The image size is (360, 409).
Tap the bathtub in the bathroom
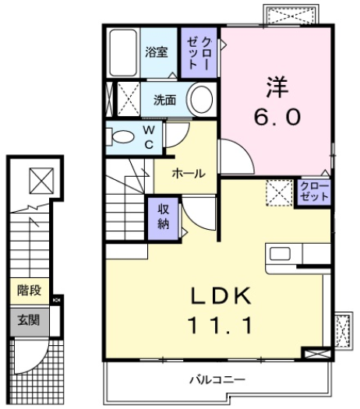coord(123,53)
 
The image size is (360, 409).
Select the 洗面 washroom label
coord(164,100)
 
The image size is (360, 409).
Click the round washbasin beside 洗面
coord(201,100)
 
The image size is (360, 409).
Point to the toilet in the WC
coord(123,138)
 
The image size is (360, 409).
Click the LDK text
coord(219,297)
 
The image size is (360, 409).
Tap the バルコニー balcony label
coord(218,379)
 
